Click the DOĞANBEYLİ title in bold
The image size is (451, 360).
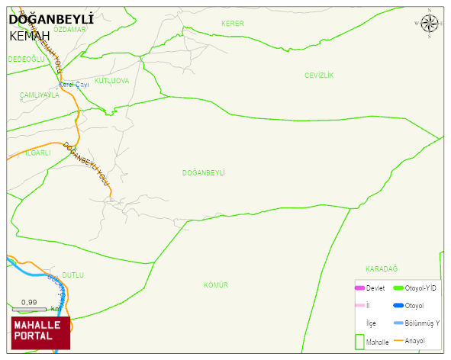(45, 19)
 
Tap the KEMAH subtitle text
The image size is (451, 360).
(30, 36)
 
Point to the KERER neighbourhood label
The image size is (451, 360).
(232, 24)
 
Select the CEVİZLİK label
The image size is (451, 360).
(319, 75)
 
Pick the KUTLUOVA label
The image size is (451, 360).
(111, 81)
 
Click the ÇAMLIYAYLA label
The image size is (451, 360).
(39, 95)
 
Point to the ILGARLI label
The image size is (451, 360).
(37, 153)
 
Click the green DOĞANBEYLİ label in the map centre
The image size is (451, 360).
(203, 173)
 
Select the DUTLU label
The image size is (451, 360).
(72, 275)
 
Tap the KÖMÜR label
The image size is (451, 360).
(216, 285)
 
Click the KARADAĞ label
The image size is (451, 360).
(382, 268)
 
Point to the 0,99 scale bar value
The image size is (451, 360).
(29, 303)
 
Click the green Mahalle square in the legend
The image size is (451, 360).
(359, 342)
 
